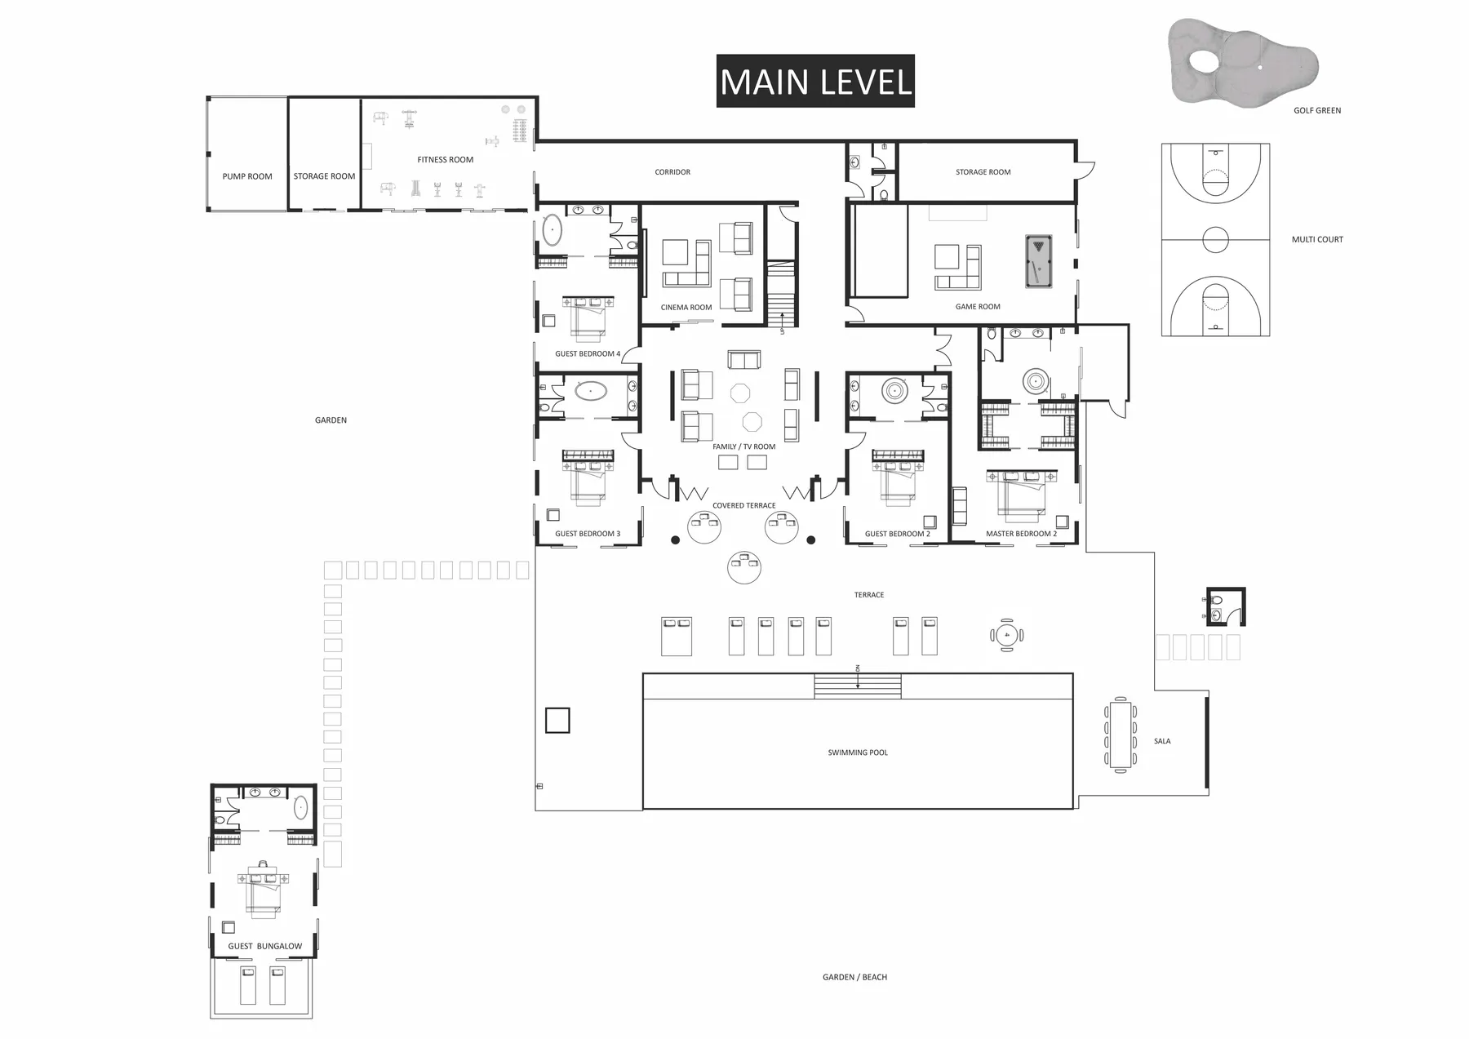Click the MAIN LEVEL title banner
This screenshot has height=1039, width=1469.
point(815,81)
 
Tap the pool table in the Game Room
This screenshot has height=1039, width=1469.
point(1038,261)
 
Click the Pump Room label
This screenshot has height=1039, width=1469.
point(247,176)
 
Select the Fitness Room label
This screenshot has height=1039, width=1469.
point(445,160)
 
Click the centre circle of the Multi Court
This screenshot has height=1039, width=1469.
point(1215,240)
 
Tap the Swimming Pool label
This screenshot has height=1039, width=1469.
point(858,753)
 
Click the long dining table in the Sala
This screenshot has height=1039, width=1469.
point(1121,734)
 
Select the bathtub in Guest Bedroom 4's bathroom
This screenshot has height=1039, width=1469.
point(553,231)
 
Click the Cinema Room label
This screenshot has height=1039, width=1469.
point(686,308)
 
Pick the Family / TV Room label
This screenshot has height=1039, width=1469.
point(743,446)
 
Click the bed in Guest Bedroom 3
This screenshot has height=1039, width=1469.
point(588,482)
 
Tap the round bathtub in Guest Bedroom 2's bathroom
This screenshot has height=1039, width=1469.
point(894,390)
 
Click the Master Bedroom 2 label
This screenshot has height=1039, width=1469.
point(1021,534)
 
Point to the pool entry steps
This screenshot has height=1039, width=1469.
point(858,686)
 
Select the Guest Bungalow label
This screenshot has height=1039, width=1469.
point(264,946)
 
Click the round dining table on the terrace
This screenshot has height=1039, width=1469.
point(1007,634)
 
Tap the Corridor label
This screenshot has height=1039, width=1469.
point(672,172)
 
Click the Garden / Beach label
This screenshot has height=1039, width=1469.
point(854,977)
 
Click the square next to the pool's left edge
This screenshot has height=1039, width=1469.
point(557,720)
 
